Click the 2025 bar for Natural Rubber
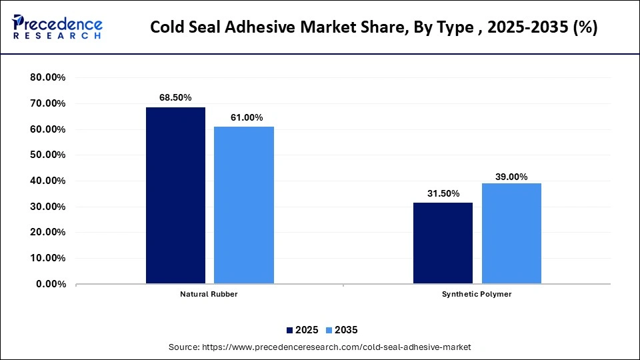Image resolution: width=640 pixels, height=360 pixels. pyautogui.click(x=175, y=195)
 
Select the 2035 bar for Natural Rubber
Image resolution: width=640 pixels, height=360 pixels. pyautogui.click(x=243, y=205)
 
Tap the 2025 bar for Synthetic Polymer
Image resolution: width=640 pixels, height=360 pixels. pyautogui.click(x=443, y=243)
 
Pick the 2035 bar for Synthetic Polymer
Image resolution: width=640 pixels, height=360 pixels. pyautogui.click(x=511, y=233)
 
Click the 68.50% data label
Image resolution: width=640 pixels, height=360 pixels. pyautogui.click(x=175, y=98)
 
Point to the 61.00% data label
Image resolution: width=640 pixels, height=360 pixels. pyautogui.click(x=243, y=117)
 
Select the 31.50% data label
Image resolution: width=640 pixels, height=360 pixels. pyautogui.click(x=443, y=193)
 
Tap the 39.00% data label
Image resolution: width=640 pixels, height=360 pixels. pyautogui.click(x=511, y=177)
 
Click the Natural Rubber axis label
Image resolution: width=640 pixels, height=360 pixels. pyautogui.click(x=209, y=294)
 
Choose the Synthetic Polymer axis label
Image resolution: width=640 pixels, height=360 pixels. pyautogui.click(x=477, y=294)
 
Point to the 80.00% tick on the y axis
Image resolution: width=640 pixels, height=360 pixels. pyautogui.click(x=48, y=77)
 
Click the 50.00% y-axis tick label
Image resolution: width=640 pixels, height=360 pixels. pyautogui.click(x=48, y=155)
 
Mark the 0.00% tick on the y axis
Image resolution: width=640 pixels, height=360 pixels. pyautogui.click(x=51, y=284)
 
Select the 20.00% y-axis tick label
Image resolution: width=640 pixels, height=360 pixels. pyautogui.click(x=48, y=233)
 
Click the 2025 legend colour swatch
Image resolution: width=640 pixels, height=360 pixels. pyautogui.click(x=290, y=330)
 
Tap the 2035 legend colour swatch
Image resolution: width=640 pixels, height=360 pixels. pyautogui.click(x=329, y=330)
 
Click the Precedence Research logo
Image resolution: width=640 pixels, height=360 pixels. pyautogui.click(x=57, y=28)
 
